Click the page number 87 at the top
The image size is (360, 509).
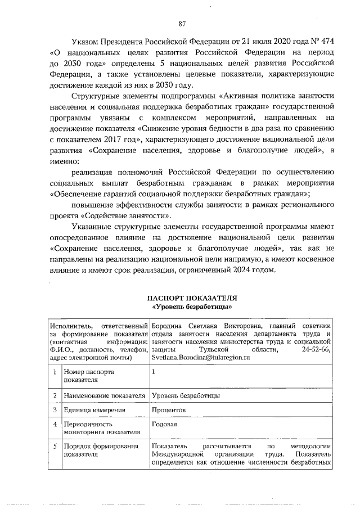point(182,23)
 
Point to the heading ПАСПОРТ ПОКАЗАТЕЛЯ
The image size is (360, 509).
point(192,298)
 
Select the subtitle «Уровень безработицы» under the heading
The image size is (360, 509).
point(192,307)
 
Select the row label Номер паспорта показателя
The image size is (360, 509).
point(88,376)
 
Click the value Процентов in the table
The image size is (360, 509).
point(169,410)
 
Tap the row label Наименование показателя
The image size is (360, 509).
point(105,395)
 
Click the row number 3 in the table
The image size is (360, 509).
point(55,410)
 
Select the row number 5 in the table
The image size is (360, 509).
point(55,447)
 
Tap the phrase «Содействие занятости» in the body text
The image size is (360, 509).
point(132,216)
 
